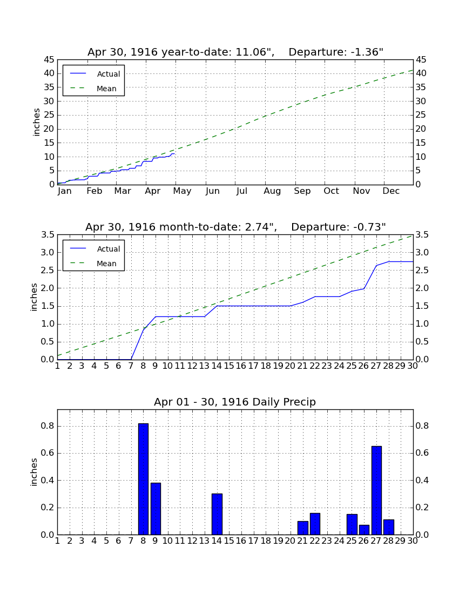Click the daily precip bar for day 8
click(143, 479)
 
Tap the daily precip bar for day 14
click(217, 514)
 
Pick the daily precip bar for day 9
click(156, 509)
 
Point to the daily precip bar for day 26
click(364, 530)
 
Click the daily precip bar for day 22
click(315, 524)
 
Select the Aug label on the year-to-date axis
click(272, 191)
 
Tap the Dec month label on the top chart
click(391, 191)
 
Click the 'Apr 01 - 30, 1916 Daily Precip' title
click(235, 402)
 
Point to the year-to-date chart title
click(235, 52)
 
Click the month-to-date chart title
click(235, 227)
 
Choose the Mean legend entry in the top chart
click(93, 89)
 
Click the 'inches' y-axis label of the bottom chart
click(33, 472)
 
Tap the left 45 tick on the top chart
click(49, 60)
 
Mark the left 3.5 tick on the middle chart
click(48, 235)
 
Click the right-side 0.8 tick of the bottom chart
click(422, 426)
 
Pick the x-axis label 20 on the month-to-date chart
click(290, 366)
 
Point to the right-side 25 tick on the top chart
click(421, 115)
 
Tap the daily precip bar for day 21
click(302, 528)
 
